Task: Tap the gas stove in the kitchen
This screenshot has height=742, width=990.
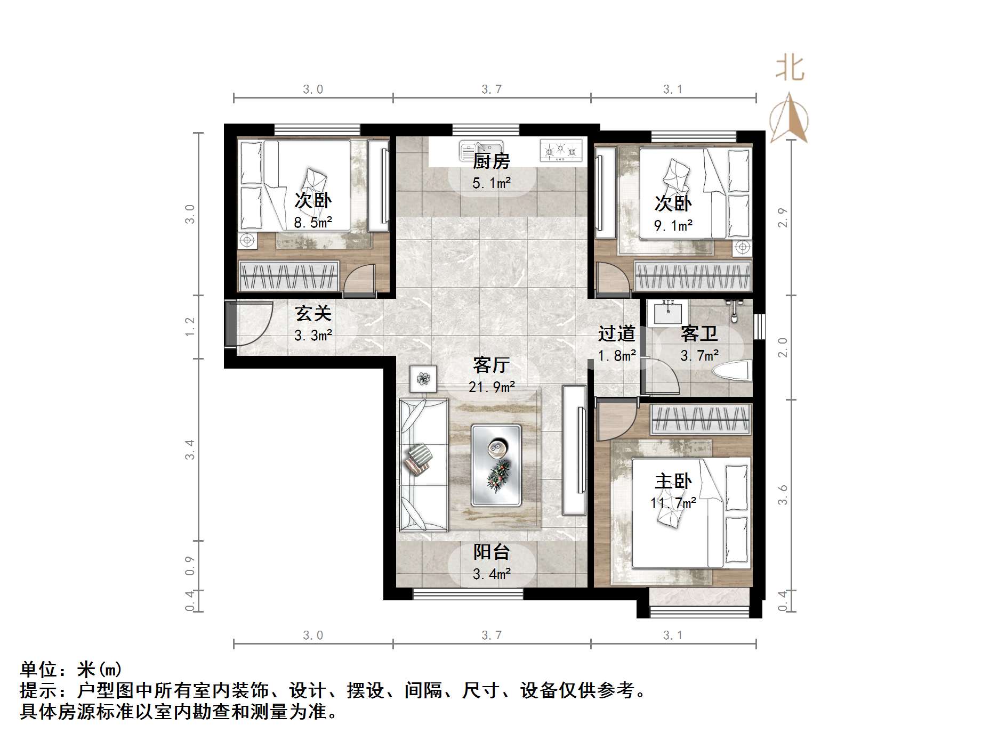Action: (560, 151)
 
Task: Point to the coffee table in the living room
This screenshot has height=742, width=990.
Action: (496, 466)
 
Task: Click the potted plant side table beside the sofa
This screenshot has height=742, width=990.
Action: (423, 379)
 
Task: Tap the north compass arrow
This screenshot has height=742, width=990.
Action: (790, 117)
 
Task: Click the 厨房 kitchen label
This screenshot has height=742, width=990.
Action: (491, 161)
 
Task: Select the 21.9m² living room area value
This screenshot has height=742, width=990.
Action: (492, 387)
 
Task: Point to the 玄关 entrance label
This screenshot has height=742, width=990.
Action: (313, 314)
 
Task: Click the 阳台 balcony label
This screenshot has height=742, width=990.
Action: (492, 552)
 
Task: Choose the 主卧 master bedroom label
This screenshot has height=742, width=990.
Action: (673, 482)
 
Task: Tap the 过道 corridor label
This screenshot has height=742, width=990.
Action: (617, 334)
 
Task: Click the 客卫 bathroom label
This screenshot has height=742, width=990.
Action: (699, 334)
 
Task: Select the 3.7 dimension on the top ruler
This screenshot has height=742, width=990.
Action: (492, 89)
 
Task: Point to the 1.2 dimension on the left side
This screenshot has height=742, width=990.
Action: (190, 327)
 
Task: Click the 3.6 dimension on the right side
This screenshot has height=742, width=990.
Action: (782, 495)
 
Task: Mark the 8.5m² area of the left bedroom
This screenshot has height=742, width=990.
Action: (313, 223)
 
